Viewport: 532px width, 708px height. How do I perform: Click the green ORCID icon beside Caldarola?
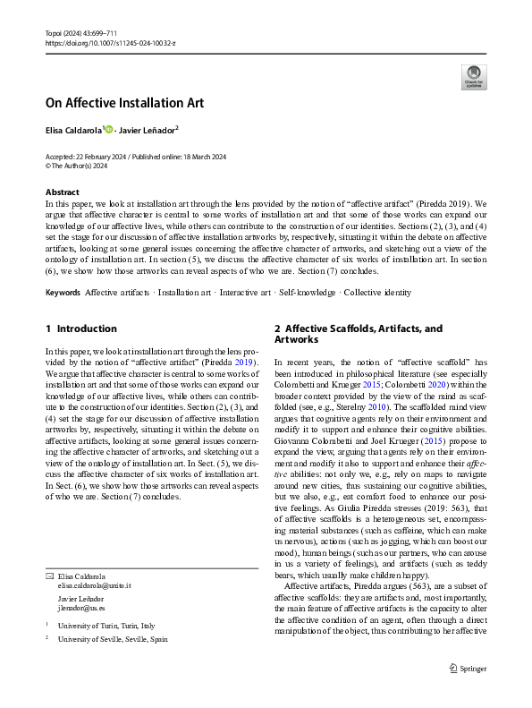click(x=109, y=129)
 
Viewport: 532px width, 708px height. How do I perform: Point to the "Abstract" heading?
click(x=62, y=192)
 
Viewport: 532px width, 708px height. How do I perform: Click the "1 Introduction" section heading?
click(x=80, y=328)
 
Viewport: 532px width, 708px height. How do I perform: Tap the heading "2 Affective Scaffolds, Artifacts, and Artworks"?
click(x=358, y=334)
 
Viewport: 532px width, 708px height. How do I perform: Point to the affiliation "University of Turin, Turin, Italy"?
click(x=106, y=626)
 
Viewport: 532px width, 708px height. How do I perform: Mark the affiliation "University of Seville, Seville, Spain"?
click(x=112, y=640)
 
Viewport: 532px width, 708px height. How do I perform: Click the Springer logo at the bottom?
click(x=466, y=667)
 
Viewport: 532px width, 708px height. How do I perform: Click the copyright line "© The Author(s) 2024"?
click(x=76, y=166)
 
